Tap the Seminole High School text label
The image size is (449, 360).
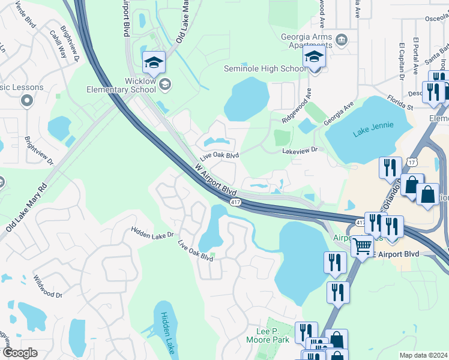[x=265, y=68]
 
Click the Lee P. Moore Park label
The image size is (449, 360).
[x=268, y=335]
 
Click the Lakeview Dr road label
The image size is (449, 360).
[x=303, y=151]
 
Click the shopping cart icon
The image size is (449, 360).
[x=361, y=246]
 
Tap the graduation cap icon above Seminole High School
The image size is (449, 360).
[x=313, y=58]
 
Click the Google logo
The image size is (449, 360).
[x=20, y=353]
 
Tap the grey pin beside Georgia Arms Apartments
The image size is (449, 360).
[x=341, y=40]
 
